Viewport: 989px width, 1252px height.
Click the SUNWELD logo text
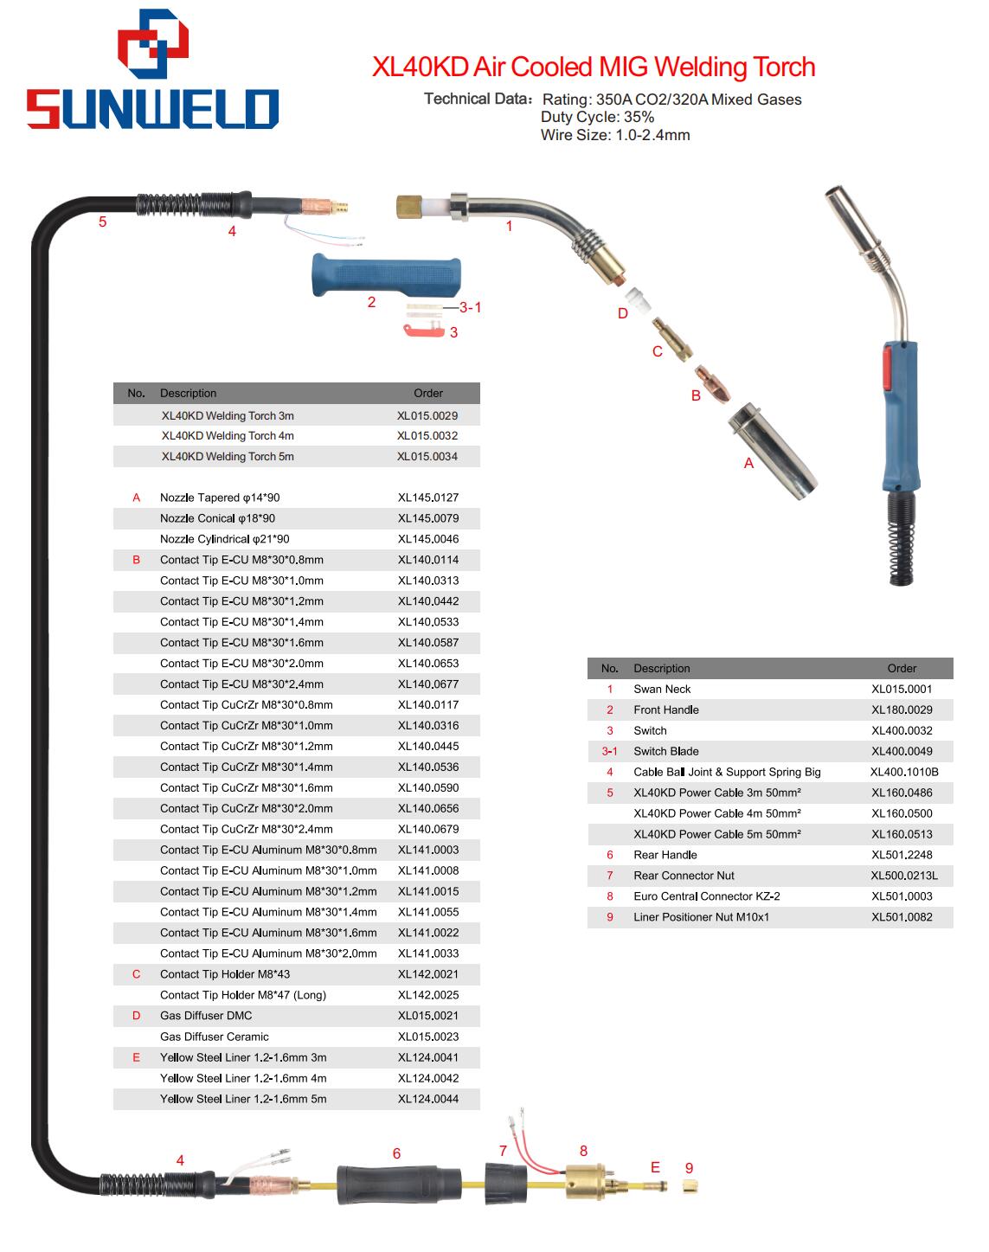152,108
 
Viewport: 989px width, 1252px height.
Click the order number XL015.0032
427,436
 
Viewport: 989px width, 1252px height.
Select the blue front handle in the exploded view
386,274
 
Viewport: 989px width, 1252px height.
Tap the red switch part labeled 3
423,331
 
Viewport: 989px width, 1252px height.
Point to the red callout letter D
622,313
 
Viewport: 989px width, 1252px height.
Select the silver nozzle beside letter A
774,452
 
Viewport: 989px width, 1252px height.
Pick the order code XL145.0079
428,518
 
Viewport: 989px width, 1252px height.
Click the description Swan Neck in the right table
662,690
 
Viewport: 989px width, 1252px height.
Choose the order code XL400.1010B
904,772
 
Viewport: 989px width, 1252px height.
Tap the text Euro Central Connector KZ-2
707,896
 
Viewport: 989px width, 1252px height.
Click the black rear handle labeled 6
399,1185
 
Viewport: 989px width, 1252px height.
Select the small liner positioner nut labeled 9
690,1187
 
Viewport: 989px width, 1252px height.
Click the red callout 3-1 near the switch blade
470,307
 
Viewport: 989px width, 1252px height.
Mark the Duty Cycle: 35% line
598,117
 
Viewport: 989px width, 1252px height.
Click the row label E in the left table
136,1057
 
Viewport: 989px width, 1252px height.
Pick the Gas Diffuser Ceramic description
214,1037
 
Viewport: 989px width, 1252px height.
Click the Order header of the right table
902,669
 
